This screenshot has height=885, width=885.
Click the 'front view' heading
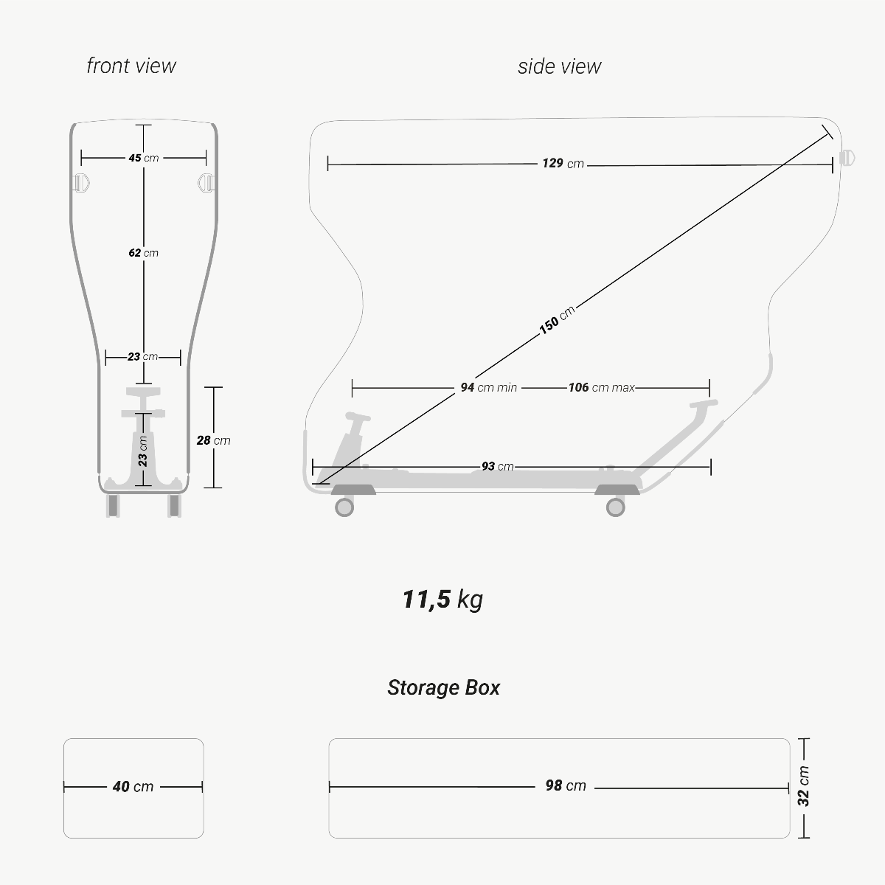pyautogui.click(x=131, y=66)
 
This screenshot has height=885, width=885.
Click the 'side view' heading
pyautogui.click(x=559, y=66)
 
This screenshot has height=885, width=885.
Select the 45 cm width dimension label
pyautogui.click(x=144, y=158)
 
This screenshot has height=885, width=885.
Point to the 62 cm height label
pyautogui.click(x=144, y=253)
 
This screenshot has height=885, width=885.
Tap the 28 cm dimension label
pyautogui.click(x=214, y=440)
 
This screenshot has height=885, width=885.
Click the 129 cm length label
pyautogui.click(x=563, y=164)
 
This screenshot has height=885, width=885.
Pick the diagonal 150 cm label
pyautogui.click(x=557, y=320)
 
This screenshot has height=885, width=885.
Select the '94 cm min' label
pyautogui.click(x=489, y=388)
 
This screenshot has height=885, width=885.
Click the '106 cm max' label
pyautogui.click(x=602, y=388)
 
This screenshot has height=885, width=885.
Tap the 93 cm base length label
pyautogui.click(x=497, y=467)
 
